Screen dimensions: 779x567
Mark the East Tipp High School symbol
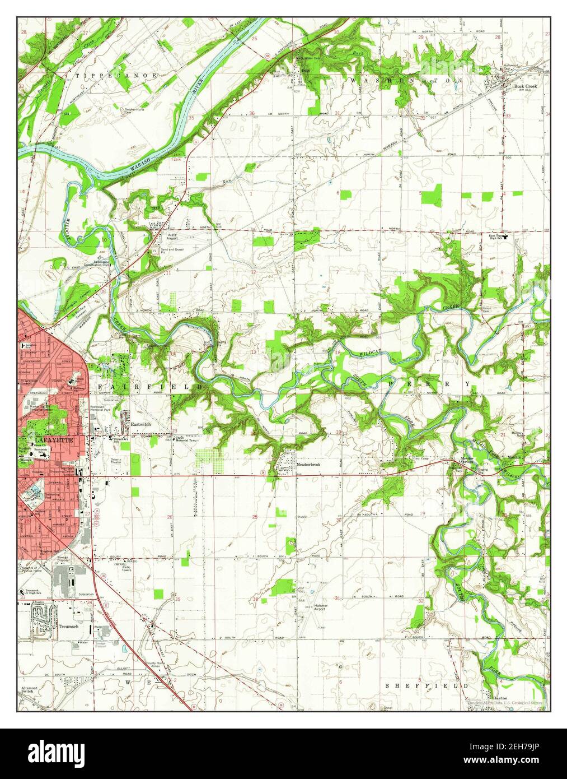pyautogui.click(x=505, y=237)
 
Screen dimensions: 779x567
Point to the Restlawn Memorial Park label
pyautogui.click(x=107, y=409)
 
